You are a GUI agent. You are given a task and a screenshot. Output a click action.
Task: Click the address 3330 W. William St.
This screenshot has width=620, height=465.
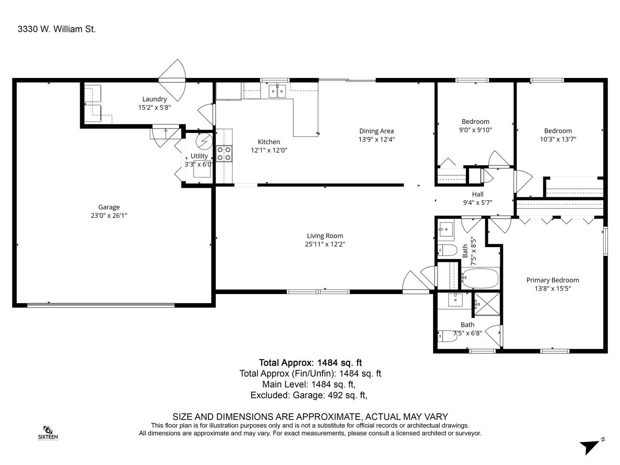[56, 29]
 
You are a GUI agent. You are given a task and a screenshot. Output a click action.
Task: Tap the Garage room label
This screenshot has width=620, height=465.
[108, 207]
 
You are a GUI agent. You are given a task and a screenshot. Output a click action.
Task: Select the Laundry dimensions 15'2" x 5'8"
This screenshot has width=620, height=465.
[155, 108]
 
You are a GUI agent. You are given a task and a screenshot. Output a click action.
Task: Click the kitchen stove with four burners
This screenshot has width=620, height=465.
[224, 154]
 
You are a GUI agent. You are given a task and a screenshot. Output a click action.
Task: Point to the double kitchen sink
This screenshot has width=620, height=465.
[277, 91]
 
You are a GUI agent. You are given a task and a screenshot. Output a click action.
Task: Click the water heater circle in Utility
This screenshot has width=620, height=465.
[203, 141]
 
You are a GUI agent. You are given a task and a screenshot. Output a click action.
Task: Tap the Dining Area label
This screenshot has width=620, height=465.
[376, 131]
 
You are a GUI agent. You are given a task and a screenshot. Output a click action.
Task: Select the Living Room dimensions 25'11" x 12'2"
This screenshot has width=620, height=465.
[325, 244]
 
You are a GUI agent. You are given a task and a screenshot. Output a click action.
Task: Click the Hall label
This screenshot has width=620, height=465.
[477, 194]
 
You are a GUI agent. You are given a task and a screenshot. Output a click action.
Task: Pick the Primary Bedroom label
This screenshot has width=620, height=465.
[552, 280]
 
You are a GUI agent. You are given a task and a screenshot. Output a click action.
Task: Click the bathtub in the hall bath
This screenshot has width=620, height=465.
[480, 279]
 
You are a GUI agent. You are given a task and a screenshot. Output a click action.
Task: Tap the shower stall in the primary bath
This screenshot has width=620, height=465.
[487, 304]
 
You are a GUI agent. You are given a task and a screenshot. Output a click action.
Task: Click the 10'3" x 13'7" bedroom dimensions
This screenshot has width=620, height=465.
[558, 139]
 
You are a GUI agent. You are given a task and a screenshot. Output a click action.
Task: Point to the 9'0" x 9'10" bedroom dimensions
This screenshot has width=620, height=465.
[475, 130]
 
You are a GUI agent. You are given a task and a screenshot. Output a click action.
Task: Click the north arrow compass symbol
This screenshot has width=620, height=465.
[590, 446]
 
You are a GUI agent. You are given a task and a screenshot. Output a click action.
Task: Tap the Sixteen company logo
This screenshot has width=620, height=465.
[48, 432]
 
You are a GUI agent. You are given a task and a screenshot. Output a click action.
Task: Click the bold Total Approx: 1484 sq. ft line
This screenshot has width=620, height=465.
[310, 363]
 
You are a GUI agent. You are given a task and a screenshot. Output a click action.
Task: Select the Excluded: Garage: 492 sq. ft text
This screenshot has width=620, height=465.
[309, 395]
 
